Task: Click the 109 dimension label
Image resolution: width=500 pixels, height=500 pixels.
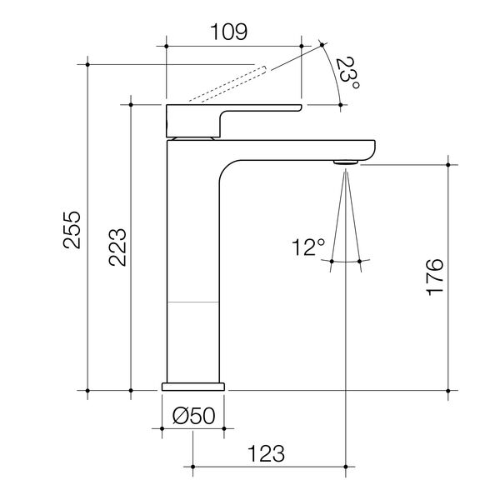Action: pyautogui.click(x=229, y=32)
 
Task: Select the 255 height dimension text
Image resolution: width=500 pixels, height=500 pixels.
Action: pyautogui.click(x=72, y=229)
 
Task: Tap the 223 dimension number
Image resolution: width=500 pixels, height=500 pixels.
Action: pyautogui.click(x=117, y=247)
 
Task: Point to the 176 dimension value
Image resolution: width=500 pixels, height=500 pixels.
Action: pyautogui.click(x=435, y=277)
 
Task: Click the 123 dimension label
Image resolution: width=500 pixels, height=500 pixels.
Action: pyautogui.click(x=267, y=453)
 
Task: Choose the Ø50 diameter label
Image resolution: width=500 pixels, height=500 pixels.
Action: pyautogui.click(x=194, y=416)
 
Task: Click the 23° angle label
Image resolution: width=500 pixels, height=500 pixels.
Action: pyautogui.click(x=347, y=73)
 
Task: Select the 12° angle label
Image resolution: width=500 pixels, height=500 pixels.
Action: pyautogui.click(x=308, y=247)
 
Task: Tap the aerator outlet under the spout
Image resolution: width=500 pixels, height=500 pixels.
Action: pyautogui.click(x=346, y=162)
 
